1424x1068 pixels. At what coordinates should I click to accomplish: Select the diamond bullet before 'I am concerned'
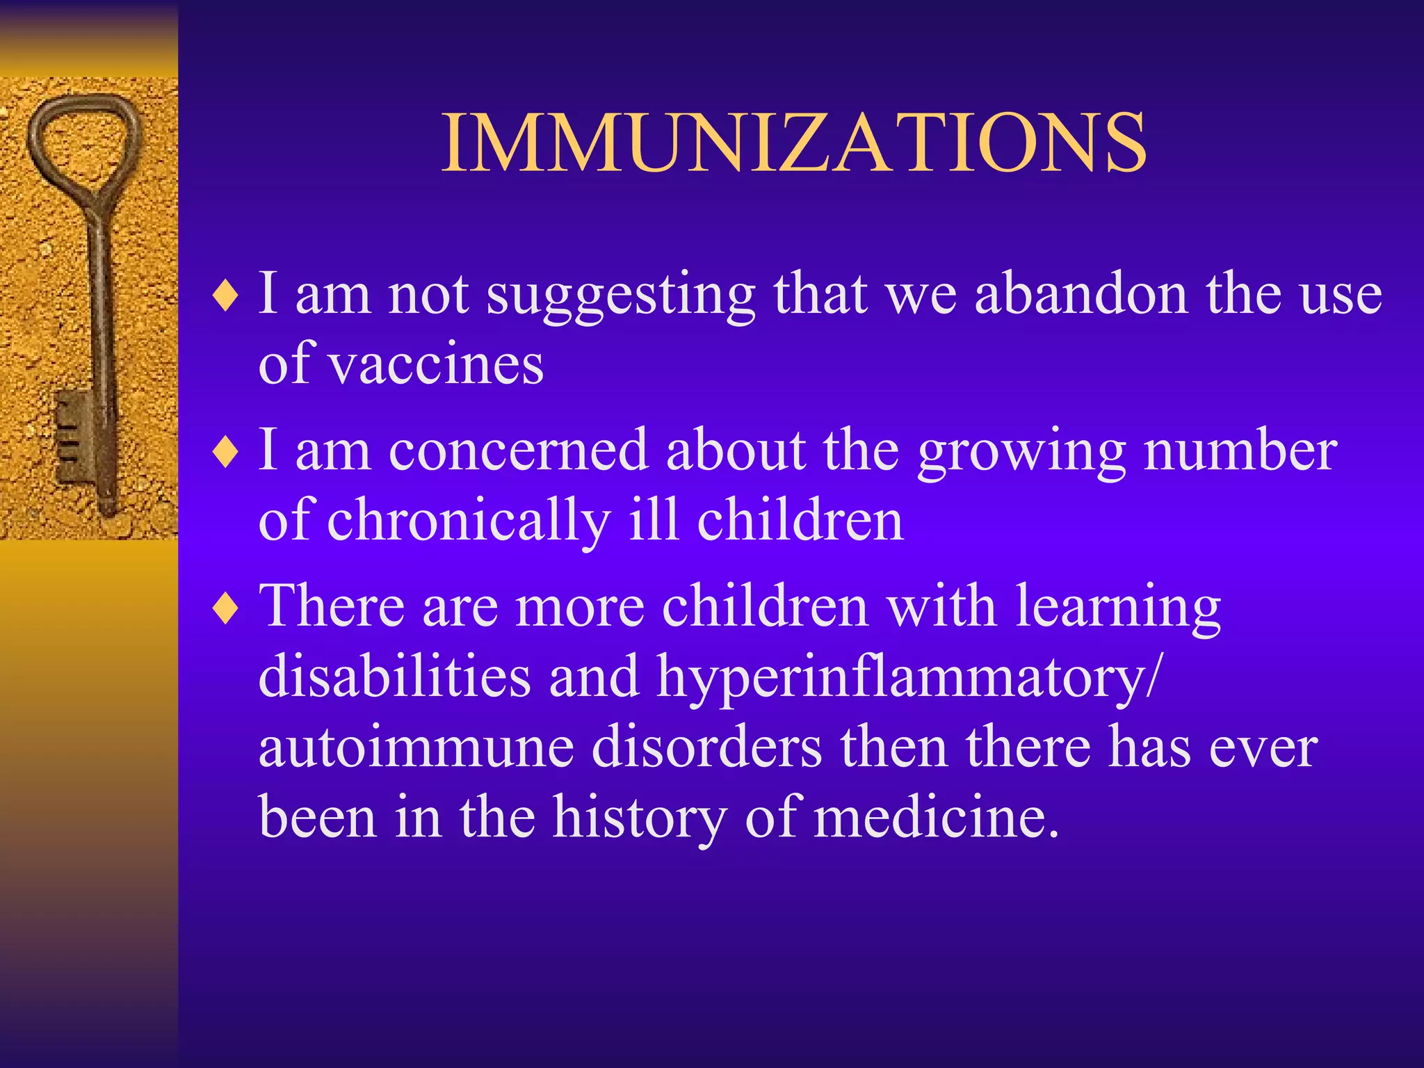(x=227, y=453)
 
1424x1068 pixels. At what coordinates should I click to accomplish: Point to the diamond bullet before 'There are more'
(x=227, y=609)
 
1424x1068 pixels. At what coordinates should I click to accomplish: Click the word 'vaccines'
(x=435, y=364)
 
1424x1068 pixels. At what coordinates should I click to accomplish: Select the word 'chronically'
(x=468, y=521)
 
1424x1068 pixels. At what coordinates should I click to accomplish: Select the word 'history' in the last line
(x=639, y=818)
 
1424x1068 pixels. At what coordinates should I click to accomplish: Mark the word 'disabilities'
(x=394, y=677)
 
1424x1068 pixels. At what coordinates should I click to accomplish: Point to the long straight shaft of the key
(x=102, y=313)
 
